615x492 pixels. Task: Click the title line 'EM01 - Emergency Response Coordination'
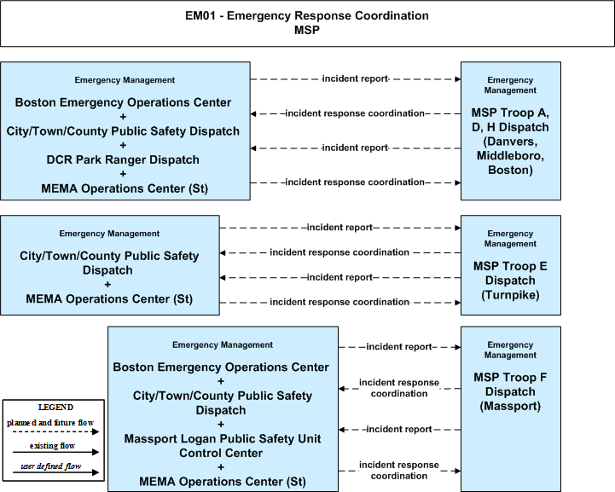click(307, 15)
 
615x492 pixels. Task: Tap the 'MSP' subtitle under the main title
click(307, 30)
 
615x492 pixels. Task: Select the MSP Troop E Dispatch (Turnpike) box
click(511, 265)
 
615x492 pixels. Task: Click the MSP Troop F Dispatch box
click(511, 409)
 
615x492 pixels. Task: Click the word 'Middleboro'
click(510, 156)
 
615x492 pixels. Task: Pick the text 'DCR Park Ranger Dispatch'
click(123, 160)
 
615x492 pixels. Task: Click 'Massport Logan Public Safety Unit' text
click(223, 438)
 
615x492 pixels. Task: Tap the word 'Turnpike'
click(510, 295)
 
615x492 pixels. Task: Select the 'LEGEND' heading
click(55, 408)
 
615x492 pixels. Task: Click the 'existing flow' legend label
click(52, 446)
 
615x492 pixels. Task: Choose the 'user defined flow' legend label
click(51, 466)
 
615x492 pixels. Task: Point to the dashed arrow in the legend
click(55, 432)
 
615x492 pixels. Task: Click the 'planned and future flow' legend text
click(50, 423)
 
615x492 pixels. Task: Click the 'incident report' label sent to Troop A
click(355, 78)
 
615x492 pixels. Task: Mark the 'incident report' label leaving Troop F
click(399, 429)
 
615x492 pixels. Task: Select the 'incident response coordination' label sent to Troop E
click(339, 302)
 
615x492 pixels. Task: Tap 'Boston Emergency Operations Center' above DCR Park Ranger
click(123, 102)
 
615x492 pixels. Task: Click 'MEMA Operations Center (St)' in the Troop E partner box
click(109, 299)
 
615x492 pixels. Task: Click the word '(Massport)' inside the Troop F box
click(510, 406)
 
